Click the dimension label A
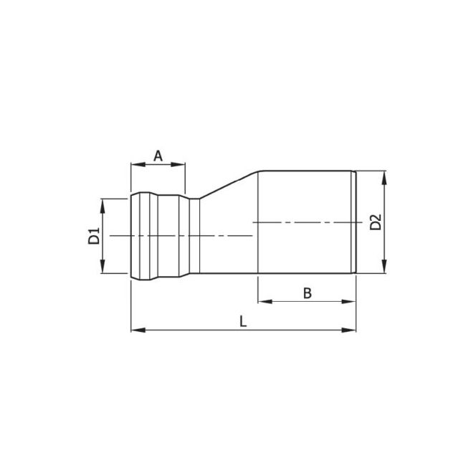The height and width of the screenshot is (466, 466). pyautogui.click(x=158, y=155)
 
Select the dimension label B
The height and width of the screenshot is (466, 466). pyautogui.click(x=306, y=293)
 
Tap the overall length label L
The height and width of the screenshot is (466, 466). pyautogui.click(x=243, y=322)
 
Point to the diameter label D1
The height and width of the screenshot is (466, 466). pyautogui.click(x=94, y=236)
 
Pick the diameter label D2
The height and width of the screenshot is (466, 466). pyautogui.click(x=376, y=222)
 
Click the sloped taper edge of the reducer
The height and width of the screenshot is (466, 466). pyautogui.click(x=229, y=184)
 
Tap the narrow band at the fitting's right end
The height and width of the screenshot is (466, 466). pyautogui.click(x=353, y=222)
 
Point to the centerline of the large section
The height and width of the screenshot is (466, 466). pyautogui.click(x=301, y=222)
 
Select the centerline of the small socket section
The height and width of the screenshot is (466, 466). pyautogui.click(x=179, y=235)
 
